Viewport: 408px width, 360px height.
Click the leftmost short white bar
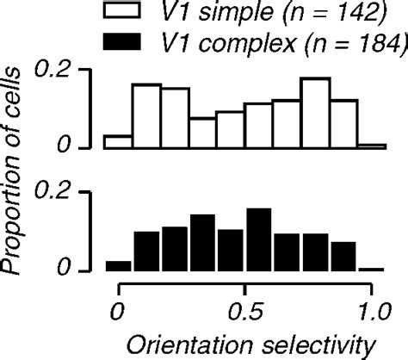click(x=118, y=141)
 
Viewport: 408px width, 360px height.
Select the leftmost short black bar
click(x=118, y=265)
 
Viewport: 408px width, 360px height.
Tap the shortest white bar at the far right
click(x=371, y=146)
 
